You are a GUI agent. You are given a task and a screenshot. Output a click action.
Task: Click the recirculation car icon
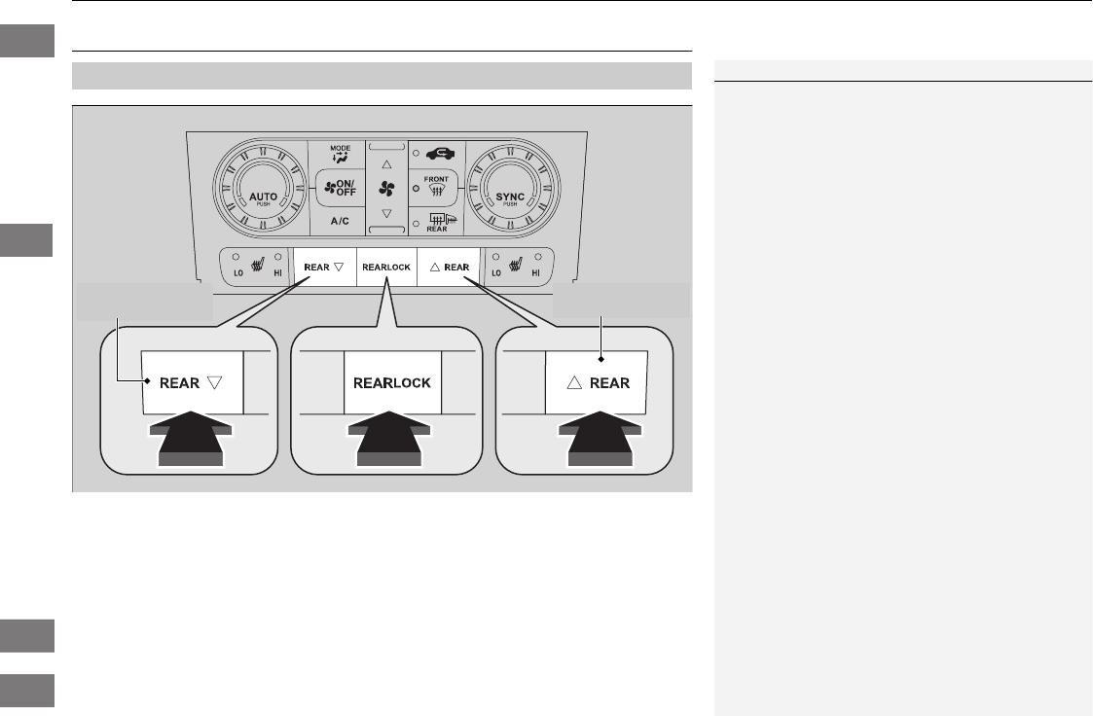[x=439, y=153]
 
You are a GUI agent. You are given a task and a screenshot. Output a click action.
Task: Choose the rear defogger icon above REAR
[x=439, y=219]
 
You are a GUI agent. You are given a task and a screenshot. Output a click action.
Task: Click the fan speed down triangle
[x=386, y=212]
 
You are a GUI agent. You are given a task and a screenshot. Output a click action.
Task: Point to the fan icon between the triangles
[x=386, y=189]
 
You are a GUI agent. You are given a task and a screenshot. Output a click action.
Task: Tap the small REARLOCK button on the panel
[x=386, y=266]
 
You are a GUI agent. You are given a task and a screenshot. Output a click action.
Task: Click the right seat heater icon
[x=516, y=265]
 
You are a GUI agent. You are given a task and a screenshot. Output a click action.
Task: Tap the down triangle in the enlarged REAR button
[x=215, y=383]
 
